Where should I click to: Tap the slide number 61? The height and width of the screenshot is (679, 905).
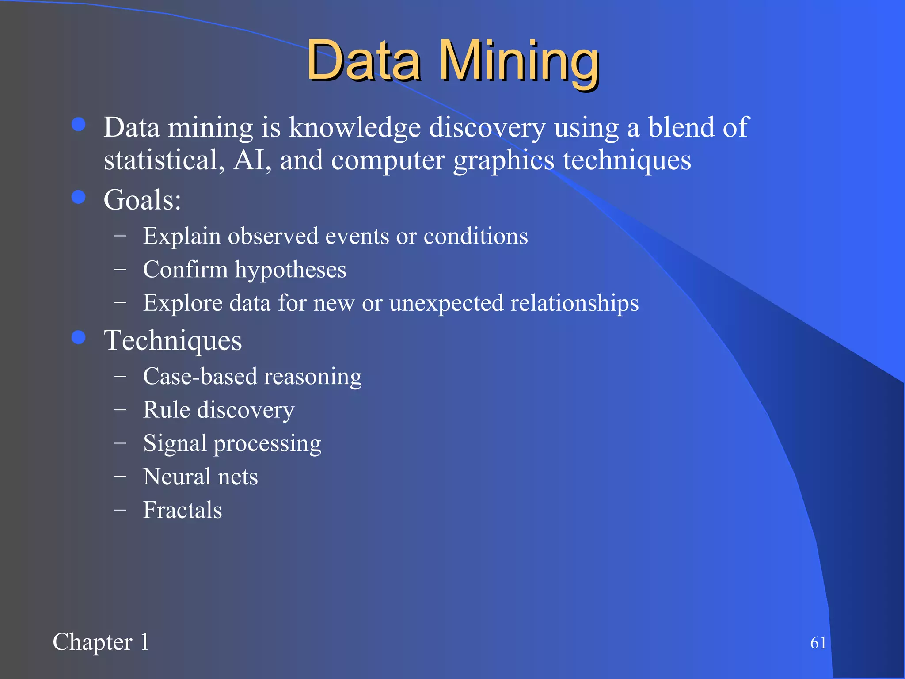[x=818, y=643]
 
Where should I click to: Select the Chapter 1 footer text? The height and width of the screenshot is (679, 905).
[x=101, y=642]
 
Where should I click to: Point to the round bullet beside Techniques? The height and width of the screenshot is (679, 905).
[x=79, y=338]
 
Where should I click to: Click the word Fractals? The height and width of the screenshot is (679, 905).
[x=182, y=510]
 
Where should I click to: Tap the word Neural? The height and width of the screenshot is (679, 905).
[x=176, y=477]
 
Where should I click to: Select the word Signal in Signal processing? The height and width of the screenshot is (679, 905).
[x=175, y=443]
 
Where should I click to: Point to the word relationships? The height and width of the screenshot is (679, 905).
[x=574, y=303]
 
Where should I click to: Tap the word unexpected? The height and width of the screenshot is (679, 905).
[x=446, y=303]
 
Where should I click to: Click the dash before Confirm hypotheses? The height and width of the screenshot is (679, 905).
[x=120, y=269]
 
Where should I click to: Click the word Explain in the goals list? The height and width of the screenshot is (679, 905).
[x=182, y=236]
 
